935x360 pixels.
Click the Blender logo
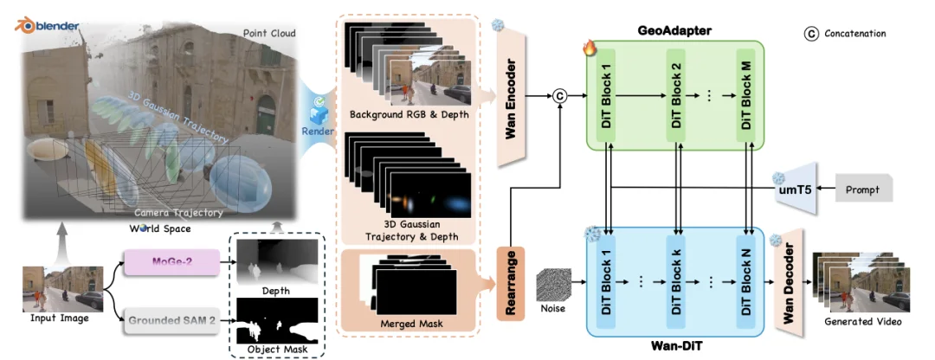(23, 25)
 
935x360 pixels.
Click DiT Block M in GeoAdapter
(746, 96)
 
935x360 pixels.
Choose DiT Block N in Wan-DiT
(746, 281)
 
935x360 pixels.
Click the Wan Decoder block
(788, 281)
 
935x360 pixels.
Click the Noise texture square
(553, 286)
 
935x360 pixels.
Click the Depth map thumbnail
(274, 260)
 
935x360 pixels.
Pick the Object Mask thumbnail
(274, 321)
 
